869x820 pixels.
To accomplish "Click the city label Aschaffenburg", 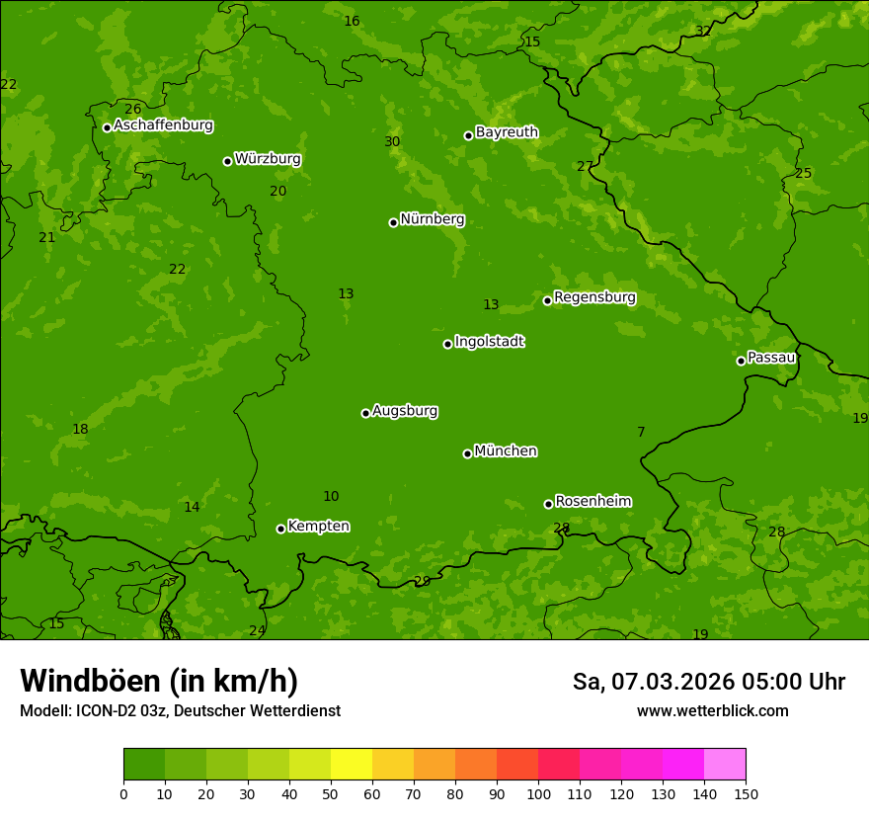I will [163, 125].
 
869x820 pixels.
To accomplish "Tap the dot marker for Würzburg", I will [227, 161].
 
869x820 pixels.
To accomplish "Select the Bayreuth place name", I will [507, 132].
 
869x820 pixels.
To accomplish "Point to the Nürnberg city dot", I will [393, 222].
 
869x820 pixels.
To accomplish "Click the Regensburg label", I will [594, 297].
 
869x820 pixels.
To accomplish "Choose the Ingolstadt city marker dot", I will [447, 344].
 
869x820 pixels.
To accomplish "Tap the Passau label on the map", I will [771, 358].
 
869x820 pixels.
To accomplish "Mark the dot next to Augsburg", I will [365, 413].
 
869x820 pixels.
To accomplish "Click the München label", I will [506, 451].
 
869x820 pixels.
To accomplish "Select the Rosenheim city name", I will [592, 502].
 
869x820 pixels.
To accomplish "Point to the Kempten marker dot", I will [280, 529].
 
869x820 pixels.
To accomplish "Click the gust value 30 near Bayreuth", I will [392, 142].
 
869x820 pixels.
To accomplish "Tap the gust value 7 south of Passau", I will [641, 433].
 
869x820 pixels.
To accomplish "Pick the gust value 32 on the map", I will [703, 32].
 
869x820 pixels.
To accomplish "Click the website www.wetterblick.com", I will [712, 711].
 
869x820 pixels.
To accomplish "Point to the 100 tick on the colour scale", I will [538, 792].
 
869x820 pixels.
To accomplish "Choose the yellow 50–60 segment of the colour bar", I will [352, 764].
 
